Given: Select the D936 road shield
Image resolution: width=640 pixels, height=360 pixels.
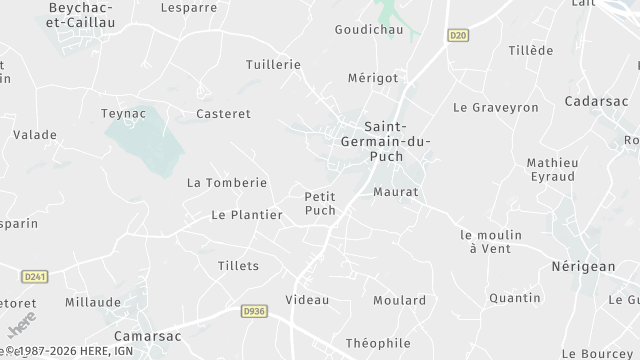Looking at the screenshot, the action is coord(253,312).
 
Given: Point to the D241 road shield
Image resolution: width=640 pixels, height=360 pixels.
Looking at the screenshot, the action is coord(35,276).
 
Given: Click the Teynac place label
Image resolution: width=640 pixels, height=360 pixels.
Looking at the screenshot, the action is coord(124,114).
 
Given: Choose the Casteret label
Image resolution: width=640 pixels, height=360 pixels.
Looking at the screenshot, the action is coord(223,114).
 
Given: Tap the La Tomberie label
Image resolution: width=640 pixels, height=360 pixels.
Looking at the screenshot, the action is coord(227,183).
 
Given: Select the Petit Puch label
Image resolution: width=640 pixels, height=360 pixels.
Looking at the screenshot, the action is coord(320,203).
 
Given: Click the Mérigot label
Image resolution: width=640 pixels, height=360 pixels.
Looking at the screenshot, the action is coord(372,78).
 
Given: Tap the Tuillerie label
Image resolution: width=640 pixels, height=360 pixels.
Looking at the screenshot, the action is coord(273,64).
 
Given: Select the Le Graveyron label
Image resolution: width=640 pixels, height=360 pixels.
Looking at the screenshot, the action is coord(496,107).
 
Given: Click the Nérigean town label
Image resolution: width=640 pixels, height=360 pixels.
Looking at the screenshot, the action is coord(584,266).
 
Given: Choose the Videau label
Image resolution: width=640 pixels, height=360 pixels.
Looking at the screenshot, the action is coord(307,300).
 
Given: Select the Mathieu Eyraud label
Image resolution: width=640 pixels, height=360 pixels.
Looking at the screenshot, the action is coord(553,170).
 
